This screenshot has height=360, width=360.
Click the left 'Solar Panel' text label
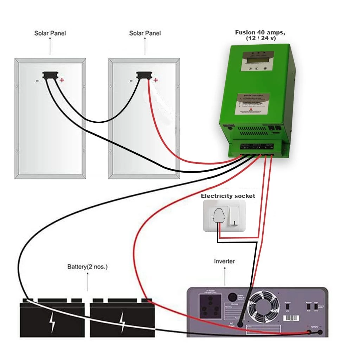point(50,33)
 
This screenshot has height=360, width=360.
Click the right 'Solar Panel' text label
point(145,33)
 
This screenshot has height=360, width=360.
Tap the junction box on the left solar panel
point(49,75)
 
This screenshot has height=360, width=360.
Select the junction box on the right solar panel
point(143,75)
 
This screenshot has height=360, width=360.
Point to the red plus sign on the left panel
point(62,80)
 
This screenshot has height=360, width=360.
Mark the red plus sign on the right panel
point(156,80)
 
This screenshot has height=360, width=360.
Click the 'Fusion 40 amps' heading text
point(260,33)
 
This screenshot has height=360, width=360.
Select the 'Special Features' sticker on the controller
point(252,103)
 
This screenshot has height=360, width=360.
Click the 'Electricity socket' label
point(228,196)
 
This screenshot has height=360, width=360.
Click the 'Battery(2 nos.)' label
point(87,267)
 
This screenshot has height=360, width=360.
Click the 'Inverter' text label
point(224,261)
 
